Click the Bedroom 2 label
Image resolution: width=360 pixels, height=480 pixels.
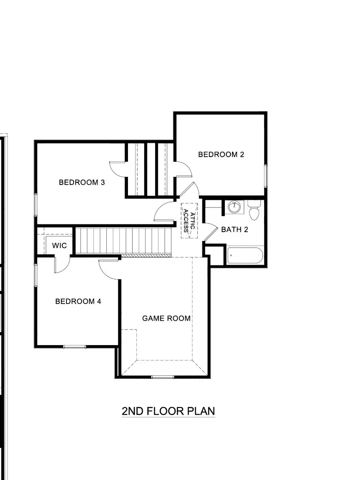221,155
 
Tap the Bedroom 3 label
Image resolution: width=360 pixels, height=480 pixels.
82,183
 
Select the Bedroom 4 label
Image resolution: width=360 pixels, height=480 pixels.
78,301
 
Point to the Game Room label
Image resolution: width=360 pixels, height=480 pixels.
166,318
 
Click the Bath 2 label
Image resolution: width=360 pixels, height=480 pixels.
235,230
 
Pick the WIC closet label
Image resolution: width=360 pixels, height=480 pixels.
59,245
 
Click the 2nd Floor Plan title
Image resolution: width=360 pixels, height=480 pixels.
168,411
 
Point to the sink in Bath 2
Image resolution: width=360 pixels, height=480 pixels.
234,207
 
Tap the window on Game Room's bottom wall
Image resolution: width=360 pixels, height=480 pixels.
162,377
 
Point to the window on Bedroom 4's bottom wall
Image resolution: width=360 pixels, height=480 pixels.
74,347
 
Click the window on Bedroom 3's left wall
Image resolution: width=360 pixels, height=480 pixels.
36,206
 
